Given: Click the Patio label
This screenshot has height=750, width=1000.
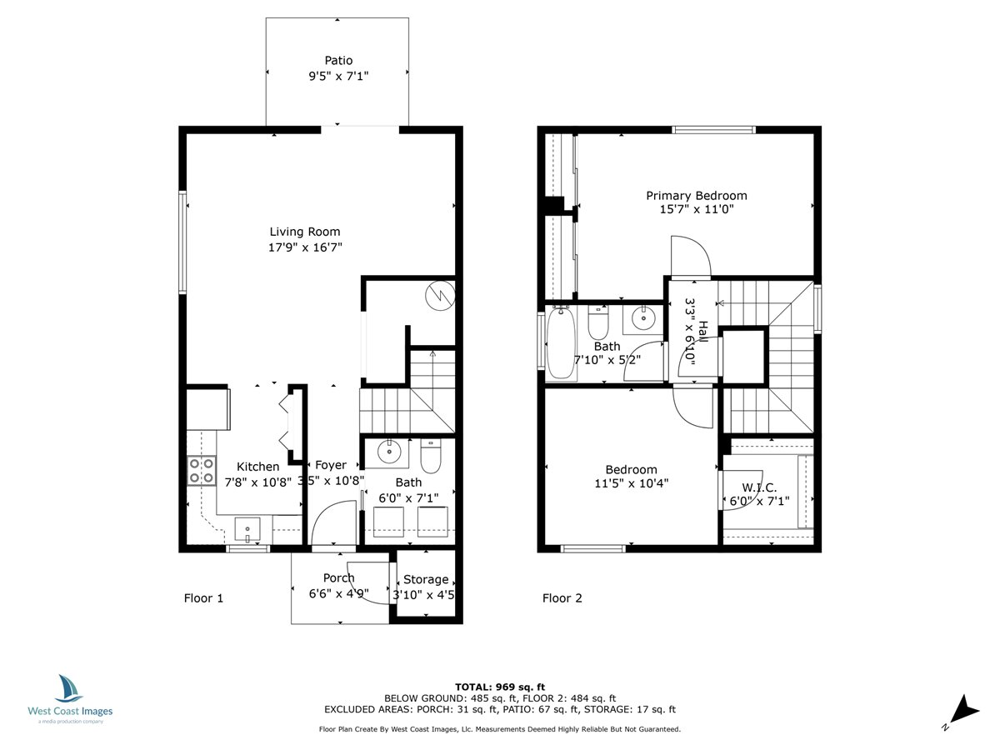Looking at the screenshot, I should (338, 61).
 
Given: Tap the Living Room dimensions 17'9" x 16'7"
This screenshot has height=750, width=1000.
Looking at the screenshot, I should (305, 247).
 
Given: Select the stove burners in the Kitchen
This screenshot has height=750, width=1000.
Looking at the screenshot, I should (201, 471).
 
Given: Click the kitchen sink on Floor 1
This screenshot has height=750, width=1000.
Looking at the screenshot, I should (247, 528).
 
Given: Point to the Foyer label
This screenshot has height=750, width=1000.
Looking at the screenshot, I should (331, 466).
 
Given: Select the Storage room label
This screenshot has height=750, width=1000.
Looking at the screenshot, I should (426, 580).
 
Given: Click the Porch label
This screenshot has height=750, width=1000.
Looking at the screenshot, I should (339, 578).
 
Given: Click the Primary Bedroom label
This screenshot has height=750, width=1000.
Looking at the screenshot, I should (697, 196).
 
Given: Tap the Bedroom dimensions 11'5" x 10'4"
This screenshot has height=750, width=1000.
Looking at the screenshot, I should (631, 482).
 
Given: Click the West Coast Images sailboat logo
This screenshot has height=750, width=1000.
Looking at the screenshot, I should (70, 689).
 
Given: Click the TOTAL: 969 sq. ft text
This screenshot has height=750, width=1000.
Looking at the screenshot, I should (499, 686).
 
